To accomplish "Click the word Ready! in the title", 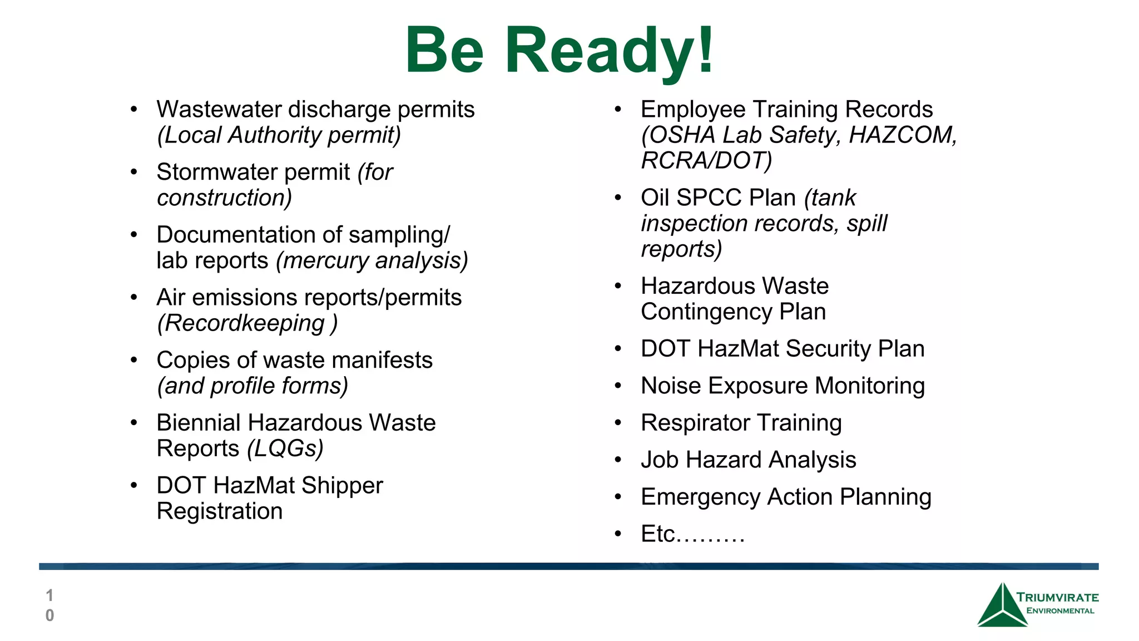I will pos(609,51).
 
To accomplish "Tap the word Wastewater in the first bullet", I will pos(219,110).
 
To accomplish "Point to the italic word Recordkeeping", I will pos(244,323).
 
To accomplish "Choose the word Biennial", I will pos(199,423).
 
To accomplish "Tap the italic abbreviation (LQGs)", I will pos(285,448).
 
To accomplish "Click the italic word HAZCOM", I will pos(902,135).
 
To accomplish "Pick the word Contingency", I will pos(706,312).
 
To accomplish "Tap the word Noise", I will pos(671,386).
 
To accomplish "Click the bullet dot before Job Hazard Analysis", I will pos(618,460).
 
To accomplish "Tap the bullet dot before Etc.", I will pos(618,534).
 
